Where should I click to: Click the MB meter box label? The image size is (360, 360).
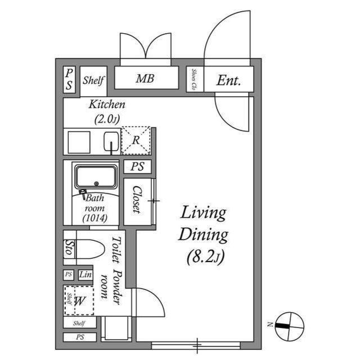pyautogui.click(x=145, y=79)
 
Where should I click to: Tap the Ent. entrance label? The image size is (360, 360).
pyautogui.click(x=228, y=80)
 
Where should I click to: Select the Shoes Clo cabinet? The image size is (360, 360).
pyautogui.click(x=194, y=79)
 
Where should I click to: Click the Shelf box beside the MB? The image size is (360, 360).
pyautogui.click(x=93, y=80)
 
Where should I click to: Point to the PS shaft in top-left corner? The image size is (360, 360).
pyautogui.click(x=69, y=79)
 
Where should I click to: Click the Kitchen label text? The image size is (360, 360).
pyautogui.click(x=107, y=105)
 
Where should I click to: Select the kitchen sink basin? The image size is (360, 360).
pyautogui.click(x=111, y=142)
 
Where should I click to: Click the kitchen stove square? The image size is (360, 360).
pyautogui.click(x=79, y=142)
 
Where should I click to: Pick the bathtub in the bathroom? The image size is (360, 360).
pyautogui.click(x=96, y=177)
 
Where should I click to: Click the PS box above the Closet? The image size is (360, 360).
pyautogui.click(x=138, y=166)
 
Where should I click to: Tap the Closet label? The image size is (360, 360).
pyautogui.click(x=136, y=200)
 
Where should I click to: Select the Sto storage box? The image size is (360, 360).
pyautogui.click(x=69, y=248)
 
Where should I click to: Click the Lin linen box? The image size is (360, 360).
pyautogui.click(x=85, y=275)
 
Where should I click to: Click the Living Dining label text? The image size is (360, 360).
pyautogui.click(x=202, y=223)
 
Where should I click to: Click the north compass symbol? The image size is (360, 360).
pyautogui.click(x=289, y=325)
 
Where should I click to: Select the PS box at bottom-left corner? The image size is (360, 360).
pyautogui.click(x=79, y=337)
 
